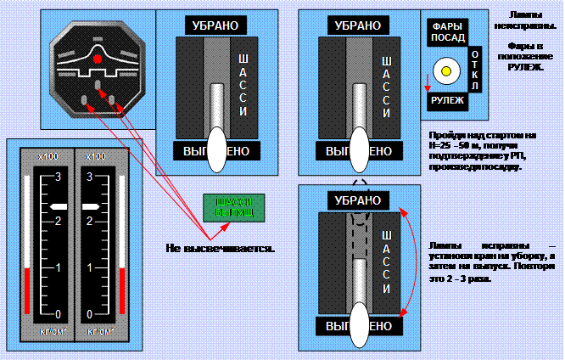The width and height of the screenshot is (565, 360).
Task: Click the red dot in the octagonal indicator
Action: (x=98, y=59)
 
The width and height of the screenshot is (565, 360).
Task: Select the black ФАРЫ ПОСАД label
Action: (x=446, y=31)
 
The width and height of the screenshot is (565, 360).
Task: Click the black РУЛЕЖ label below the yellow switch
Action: (x=446, y=100)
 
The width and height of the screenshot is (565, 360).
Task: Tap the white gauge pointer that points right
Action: (x=89, y=206)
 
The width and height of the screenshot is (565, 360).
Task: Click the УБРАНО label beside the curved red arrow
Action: (x=357, y=201)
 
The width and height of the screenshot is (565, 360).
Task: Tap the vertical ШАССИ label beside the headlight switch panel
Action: (x=388, y=87)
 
